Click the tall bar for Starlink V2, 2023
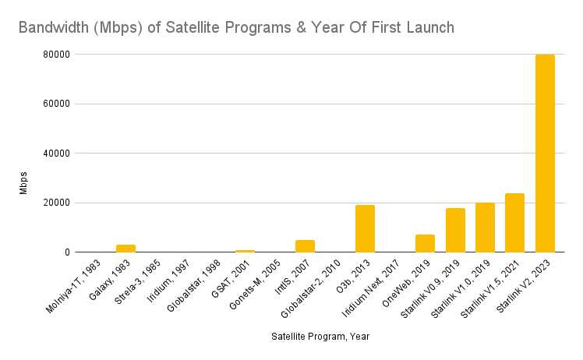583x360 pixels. coord(545,154)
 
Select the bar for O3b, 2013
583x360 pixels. coord(365,229)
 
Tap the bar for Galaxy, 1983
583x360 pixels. coord(125,249)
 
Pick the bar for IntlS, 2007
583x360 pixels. coord(306,246)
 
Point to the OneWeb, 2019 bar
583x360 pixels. coord(425,244)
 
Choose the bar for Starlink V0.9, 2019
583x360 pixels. coord(455,230)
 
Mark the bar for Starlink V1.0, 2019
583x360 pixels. coord(486,228)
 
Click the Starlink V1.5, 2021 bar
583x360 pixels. coord(514,223)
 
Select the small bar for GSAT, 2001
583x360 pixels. coord(245,252)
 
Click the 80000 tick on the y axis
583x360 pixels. coord(57,55)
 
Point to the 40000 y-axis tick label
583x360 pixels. coord(57,154)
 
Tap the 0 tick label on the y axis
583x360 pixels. coord(67,252)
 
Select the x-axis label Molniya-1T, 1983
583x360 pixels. coord(73,287)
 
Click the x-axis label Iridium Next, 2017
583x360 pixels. coord(371,288)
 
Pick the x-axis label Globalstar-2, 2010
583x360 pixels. coord(310,289)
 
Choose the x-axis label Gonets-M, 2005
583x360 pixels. coord(255,284)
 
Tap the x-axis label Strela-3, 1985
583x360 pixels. coord(138,282)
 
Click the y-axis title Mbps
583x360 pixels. coord(23,183)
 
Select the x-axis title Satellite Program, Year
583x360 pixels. coord(320,337)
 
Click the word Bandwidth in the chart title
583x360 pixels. coord(54,27)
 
